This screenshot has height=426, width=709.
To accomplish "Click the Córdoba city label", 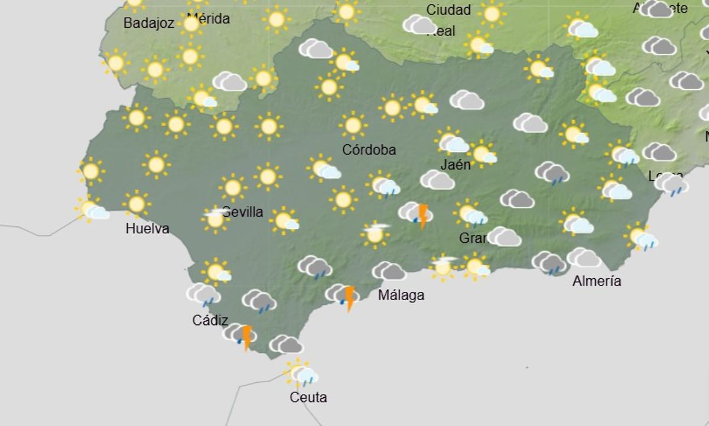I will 369,150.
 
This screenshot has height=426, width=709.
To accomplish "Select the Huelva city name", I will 147,229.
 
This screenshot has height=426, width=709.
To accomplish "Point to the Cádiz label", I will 210,320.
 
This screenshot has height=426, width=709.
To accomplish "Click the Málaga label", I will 401,295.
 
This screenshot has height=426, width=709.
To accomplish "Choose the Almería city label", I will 597,281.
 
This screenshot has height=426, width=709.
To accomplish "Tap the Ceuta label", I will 308,398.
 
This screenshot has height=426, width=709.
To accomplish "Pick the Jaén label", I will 456,165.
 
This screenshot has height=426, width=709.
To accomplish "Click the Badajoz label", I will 149,24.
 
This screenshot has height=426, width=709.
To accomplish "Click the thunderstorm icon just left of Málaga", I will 343,296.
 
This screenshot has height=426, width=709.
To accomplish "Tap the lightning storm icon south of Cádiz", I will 240,335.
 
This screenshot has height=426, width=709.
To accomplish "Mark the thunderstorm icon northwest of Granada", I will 416,214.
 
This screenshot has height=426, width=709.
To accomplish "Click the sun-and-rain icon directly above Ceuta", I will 301,373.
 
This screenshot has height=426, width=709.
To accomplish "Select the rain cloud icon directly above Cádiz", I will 204,294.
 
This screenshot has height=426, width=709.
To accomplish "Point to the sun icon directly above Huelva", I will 136,204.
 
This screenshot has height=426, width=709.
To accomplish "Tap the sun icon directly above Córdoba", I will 353,125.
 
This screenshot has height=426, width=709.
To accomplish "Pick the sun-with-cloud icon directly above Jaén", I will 452,142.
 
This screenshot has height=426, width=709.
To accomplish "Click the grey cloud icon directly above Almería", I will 584,258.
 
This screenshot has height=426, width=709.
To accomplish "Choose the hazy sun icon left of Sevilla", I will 215,219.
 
